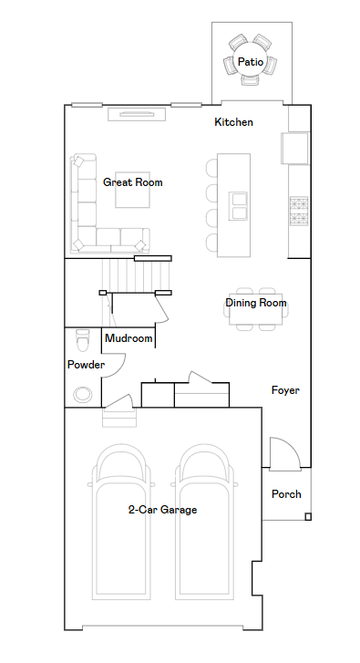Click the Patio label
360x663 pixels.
[x=251, y=62]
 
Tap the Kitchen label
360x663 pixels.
[x=233, y=122]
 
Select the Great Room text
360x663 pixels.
[x=133, y=182]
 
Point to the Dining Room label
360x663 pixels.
[x=255, y=303]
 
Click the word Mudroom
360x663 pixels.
[x=129, y=338]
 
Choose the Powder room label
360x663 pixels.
[x=86, y=365]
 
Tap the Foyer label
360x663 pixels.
[x=285, y=390]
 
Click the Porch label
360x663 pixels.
[x=286, y=494]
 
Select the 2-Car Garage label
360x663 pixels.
[x=162, y=510]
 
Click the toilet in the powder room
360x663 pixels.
[x=83, y=340]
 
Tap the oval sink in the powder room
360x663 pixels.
[x=83, y=395]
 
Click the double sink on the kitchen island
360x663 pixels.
[x=238, y=206]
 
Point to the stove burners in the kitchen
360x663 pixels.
[x=298, y=211]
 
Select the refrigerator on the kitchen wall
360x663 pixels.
[x=295, y=148]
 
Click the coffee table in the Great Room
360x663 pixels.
[x=133, y=190]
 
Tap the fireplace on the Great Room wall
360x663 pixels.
[x=136, y=114]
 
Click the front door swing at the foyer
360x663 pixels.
[x=285, y=453]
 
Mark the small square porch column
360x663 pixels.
[x=308, y=516]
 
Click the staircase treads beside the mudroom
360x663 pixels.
[x=136, y=275]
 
